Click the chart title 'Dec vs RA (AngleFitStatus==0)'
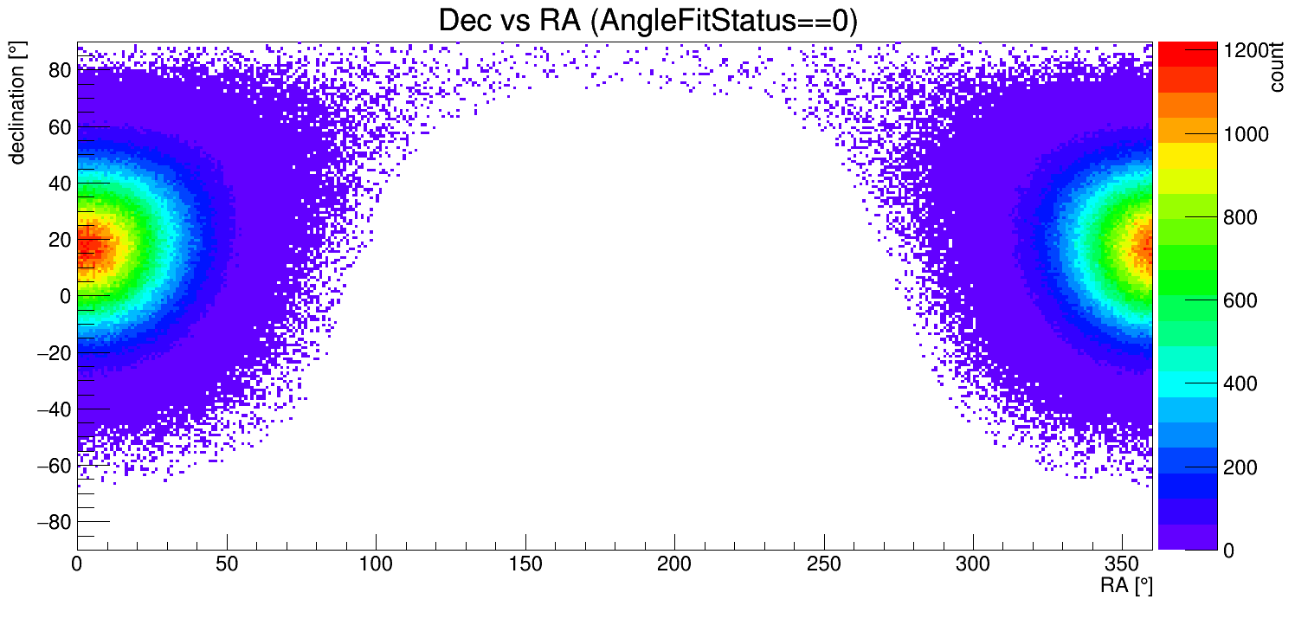point(647,21)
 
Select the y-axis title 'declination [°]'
point(16,104)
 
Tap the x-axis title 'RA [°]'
point(1125,586)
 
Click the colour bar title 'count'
point(1277,69)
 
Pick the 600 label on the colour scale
point(1240,300)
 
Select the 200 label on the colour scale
point(1240,467)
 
